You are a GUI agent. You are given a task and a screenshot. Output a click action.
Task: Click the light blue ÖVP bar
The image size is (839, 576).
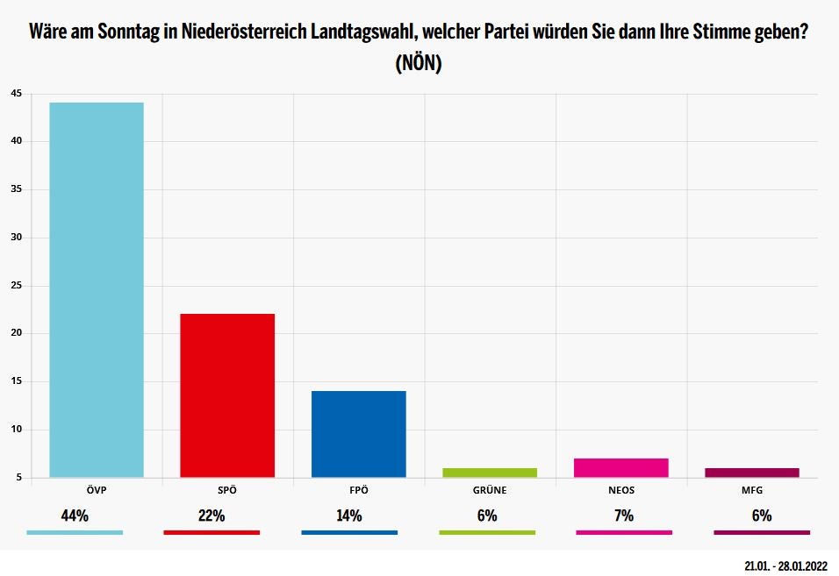[97, 289]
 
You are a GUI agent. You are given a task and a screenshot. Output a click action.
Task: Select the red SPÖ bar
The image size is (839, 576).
[227, 395]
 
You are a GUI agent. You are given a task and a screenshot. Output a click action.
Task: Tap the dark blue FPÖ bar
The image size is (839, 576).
[359, 433]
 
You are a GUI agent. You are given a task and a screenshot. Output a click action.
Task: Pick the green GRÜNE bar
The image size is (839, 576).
[490, 473]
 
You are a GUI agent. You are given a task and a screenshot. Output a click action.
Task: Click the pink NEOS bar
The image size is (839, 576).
[621, 467]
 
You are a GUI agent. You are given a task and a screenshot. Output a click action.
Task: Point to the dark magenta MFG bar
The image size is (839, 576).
[752, 473]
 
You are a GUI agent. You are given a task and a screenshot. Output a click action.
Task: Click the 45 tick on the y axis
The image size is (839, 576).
[16, 94]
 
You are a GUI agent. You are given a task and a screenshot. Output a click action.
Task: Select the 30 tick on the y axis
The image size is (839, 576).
[16, 238]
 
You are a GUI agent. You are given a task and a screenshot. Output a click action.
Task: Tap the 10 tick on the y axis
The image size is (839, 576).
[16, 430]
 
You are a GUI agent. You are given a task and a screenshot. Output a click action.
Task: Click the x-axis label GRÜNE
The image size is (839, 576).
[490, 490]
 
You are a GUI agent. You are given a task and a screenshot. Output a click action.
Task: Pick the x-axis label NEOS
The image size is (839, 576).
[621, 490]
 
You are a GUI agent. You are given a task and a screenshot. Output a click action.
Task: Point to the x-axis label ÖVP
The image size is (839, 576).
[97, 490]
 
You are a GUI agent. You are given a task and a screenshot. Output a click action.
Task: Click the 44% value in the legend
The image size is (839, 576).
[75, 516]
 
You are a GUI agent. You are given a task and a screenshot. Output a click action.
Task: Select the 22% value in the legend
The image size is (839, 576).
[212, 516]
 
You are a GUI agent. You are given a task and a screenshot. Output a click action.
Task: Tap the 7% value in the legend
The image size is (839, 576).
[624, 516]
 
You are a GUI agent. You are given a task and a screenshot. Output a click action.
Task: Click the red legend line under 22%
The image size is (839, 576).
[212, 532]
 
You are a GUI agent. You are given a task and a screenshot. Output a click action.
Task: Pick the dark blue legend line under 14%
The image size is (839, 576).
[348, 532]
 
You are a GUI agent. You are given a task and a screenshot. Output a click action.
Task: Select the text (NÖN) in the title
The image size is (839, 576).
[419, 63]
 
